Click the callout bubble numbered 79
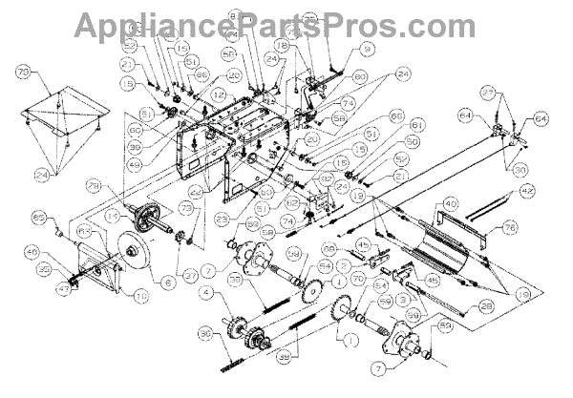(x=23, y=70)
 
